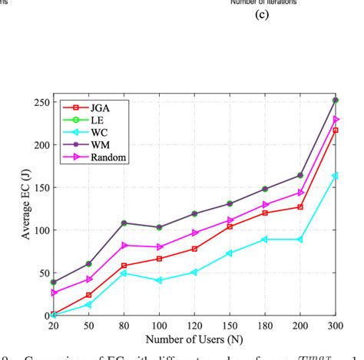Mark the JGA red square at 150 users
(x=230, y=226)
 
